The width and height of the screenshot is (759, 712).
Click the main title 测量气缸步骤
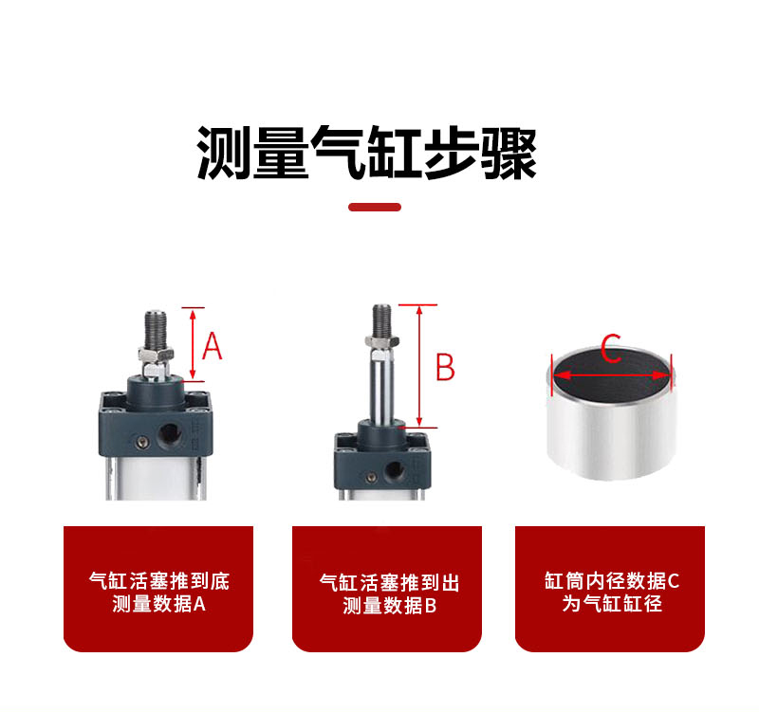pyautogui.click(x=366, y=153)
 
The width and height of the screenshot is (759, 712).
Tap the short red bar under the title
pyautogui.click(x=375, y=207)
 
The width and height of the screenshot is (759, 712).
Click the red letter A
pyautogui.click(x=212, y=346)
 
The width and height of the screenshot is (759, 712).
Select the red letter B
pyautogui.click(x=445, y=366)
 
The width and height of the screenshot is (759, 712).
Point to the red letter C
pyautogui.click(x=611, y=348)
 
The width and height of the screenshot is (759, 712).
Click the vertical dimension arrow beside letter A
pyautogui.click(x=193, y=344)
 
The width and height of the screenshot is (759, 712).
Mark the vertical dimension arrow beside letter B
pyautogui.click(x=419, y=366)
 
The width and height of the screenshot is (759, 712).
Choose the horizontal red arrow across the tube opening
pyautogui.click(x=612, y=375)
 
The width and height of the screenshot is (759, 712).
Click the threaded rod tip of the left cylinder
pyautogui.click(x=156, y=328)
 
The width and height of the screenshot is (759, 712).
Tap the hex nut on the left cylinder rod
pyautogui.click(x=156, y=355)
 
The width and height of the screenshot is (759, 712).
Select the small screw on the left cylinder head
pyautogui.click(x=141, y=441)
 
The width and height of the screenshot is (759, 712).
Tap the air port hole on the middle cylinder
pyautogui.click(x=394, y=470)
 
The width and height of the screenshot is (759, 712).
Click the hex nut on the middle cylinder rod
pyautogui.click(x=382, y=341)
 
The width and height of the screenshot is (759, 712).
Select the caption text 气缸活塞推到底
pyautogui.click(x=158, y=581)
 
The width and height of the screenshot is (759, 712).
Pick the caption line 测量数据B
pyautogui.click(x=390, y=605)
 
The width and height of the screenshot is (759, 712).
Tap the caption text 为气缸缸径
pyautogui.click(x=611, y=603)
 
